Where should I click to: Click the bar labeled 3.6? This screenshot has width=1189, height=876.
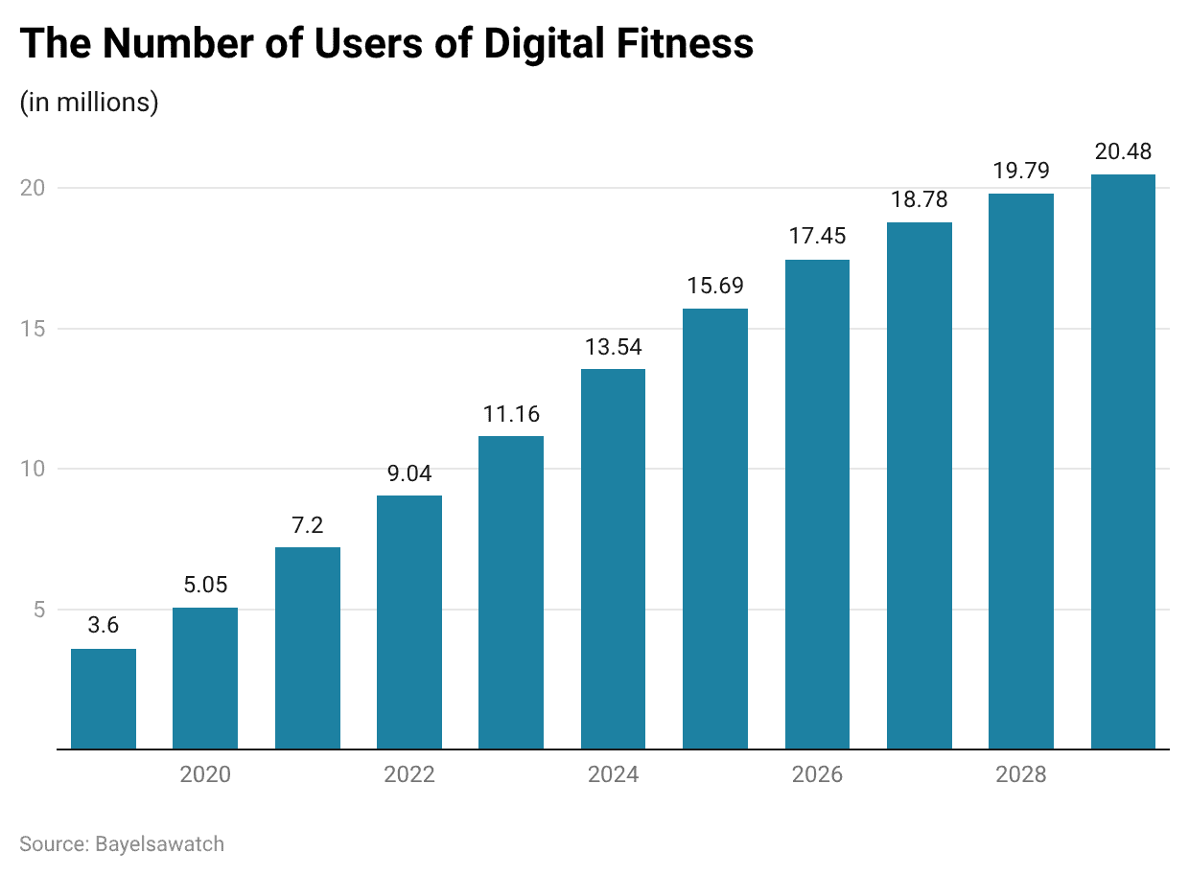tap(104, 699)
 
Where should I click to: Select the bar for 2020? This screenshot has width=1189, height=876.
tap(205, 678)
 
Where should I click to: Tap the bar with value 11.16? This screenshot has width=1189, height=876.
tap(511, 592)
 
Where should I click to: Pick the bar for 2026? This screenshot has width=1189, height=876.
tap(817, 504)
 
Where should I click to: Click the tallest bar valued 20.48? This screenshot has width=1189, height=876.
tap(1123, 461)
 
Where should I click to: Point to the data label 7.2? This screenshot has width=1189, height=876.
tap(307, 526)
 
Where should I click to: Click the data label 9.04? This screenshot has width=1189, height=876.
tap(409, 474)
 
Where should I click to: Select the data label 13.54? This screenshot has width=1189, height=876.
tap(613, 348)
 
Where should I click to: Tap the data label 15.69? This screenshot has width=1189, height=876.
tap(715, 287)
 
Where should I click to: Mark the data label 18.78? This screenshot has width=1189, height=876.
tap(919, 200)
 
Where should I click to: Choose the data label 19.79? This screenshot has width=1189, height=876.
tap(1021, 172)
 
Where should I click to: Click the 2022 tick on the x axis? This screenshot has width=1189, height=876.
tap(409, 774)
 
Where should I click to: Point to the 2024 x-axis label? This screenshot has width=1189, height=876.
tap(613, 774)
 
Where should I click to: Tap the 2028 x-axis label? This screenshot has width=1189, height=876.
tap(1021, 774)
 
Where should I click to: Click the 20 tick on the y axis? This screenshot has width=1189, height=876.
tap(33, 188)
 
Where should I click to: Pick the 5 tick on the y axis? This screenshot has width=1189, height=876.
tap(38, 610)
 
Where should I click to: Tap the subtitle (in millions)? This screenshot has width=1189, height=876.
tap(89, 102)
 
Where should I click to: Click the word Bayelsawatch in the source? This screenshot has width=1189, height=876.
tap(159, 844)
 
